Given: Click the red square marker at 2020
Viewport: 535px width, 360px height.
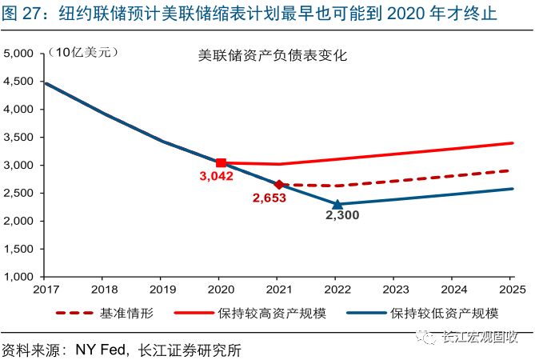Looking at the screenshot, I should coord(222,163).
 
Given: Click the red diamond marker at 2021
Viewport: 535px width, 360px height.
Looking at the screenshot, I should coord(279,185).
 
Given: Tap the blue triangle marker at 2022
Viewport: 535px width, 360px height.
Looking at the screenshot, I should coord(337,204).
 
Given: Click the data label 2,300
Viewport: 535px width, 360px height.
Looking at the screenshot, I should coord(341,216).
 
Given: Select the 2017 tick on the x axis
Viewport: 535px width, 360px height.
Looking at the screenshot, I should coord(47,288).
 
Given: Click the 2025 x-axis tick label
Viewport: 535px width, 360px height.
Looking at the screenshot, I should coord(512,288).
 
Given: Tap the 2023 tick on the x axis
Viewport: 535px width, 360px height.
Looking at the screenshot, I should coord(396,288).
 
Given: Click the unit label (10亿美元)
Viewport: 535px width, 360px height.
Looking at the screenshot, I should coord(83,53).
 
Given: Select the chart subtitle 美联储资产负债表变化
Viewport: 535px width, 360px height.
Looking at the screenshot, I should coord(273,57).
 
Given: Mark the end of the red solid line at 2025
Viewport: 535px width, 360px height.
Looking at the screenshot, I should coord(513,143).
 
